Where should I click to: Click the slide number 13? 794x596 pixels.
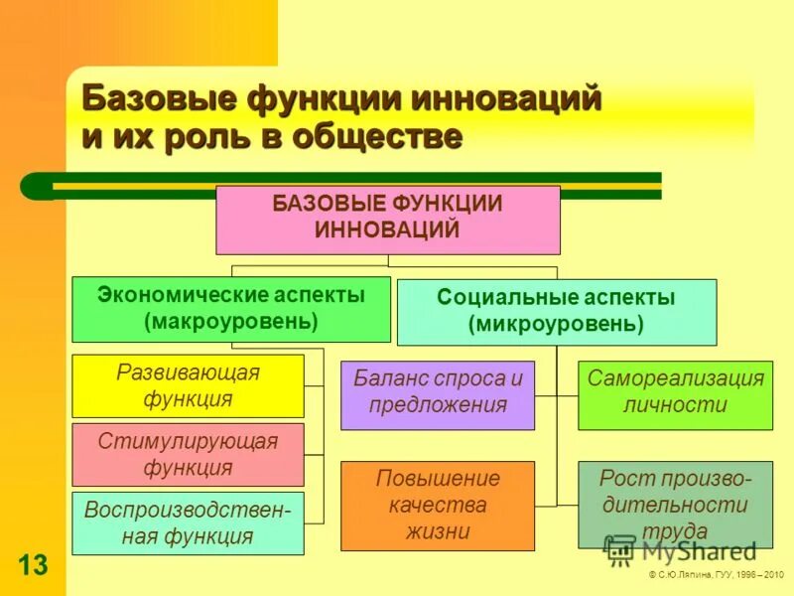pyautogui.click(x=32, y=565)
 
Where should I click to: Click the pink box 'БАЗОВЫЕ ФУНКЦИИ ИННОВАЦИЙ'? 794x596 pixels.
pyautogui.click(x=388, y=219)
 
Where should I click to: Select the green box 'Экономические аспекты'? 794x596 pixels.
pyautogui.click(x=231, y=309)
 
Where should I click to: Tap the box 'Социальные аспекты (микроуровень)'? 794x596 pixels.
pyautogui.click(x=556, y=311)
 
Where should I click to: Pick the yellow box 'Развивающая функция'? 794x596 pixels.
pyautogui.click(x=188, y=386)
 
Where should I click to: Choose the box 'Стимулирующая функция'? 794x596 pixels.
pyautogui.click(x=188, y=454)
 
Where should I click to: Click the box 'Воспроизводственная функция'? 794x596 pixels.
pyautogui.click(x=188, y=522)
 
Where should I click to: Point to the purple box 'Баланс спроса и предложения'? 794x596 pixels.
pyautogui.click(x=437, y=394)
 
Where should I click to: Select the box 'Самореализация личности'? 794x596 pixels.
pyautogui.click(x=675, y=394)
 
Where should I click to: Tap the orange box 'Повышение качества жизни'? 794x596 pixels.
pyautogui.click(x=437, y=505)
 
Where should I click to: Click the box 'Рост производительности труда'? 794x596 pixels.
pyautogui.click(x=675, y=505)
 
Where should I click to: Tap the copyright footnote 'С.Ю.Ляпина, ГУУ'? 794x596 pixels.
pyautogui.click(x=716, y=575)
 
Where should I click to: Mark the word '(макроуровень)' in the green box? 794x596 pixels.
pyautogui.click(x=231, y=322)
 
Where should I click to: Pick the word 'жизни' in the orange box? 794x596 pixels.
pyautogui.click(x=438, y=531)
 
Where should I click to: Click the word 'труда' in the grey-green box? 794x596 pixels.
pyautogui.click(x=675, y=531)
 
